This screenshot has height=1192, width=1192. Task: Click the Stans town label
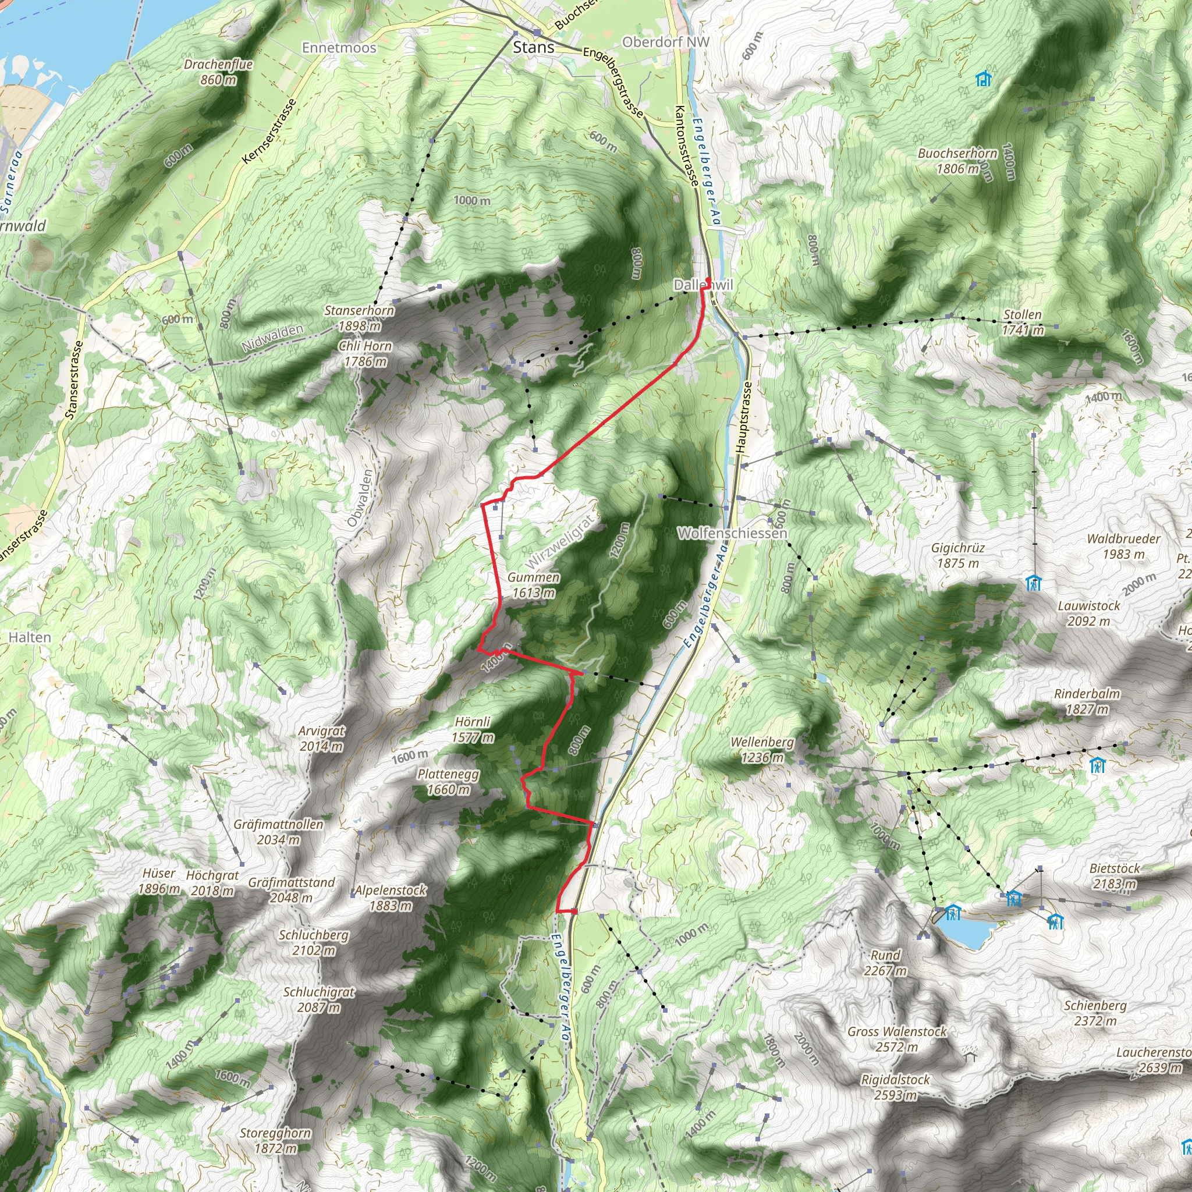click(533, 48)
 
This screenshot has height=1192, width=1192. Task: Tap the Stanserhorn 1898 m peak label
click(359, 318)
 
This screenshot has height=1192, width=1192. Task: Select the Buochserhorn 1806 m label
click(957, 161)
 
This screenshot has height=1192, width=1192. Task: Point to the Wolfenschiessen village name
click(732, 533)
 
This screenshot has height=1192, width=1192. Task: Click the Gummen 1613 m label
click(534, 585)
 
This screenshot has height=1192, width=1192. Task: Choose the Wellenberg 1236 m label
click(762, 750)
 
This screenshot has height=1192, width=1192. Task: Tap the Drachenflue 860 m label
click(218, 72)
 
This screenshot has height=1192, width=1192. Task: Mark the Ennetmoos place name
click(339, 48)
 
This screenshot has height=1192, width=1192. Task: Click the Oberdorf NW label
click(666, 42)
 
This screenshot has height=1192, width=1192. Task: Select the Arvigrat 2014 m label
click(321, 739)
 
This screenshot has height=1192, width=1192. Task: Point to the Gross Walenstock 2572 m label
click(896, 1039)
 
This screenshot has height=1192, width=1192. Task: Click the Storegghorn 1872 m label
click(275, 1141)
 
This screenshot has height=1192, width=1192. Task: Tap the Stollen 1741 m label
click(1023, 322)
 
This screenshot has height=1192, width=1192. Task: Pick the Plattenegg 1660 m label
click(448, 782)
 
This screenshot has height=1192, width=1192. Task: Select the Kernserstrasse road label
click(269, 131)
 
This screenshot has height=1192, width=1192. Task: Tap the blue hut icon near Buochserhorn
click(984, 79)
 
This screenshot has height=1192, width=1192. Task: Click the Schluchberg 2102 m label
click(314, 942)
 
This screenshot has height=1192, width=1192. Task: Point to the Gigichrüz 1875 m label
click(957, 555)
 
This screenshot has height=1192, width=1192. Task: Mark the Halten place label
click(30, 637)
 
